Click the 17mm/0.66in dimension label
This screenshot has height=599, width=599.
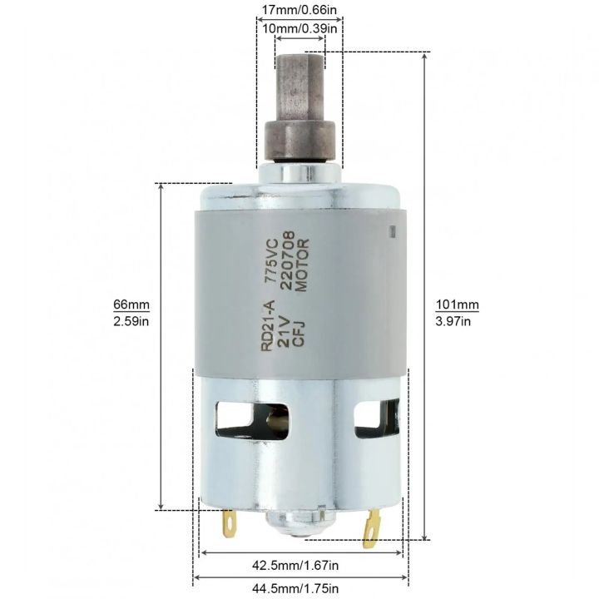[299, 10]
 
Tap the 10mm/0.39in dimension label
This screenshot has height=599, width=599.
[299, 28]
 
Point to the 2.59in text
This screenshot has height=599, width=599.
[132, 321]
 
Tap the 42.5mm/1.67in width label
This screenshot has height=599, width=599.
[300, 566]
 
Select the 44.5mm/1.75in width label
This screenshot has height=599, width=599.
[300, 590]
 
